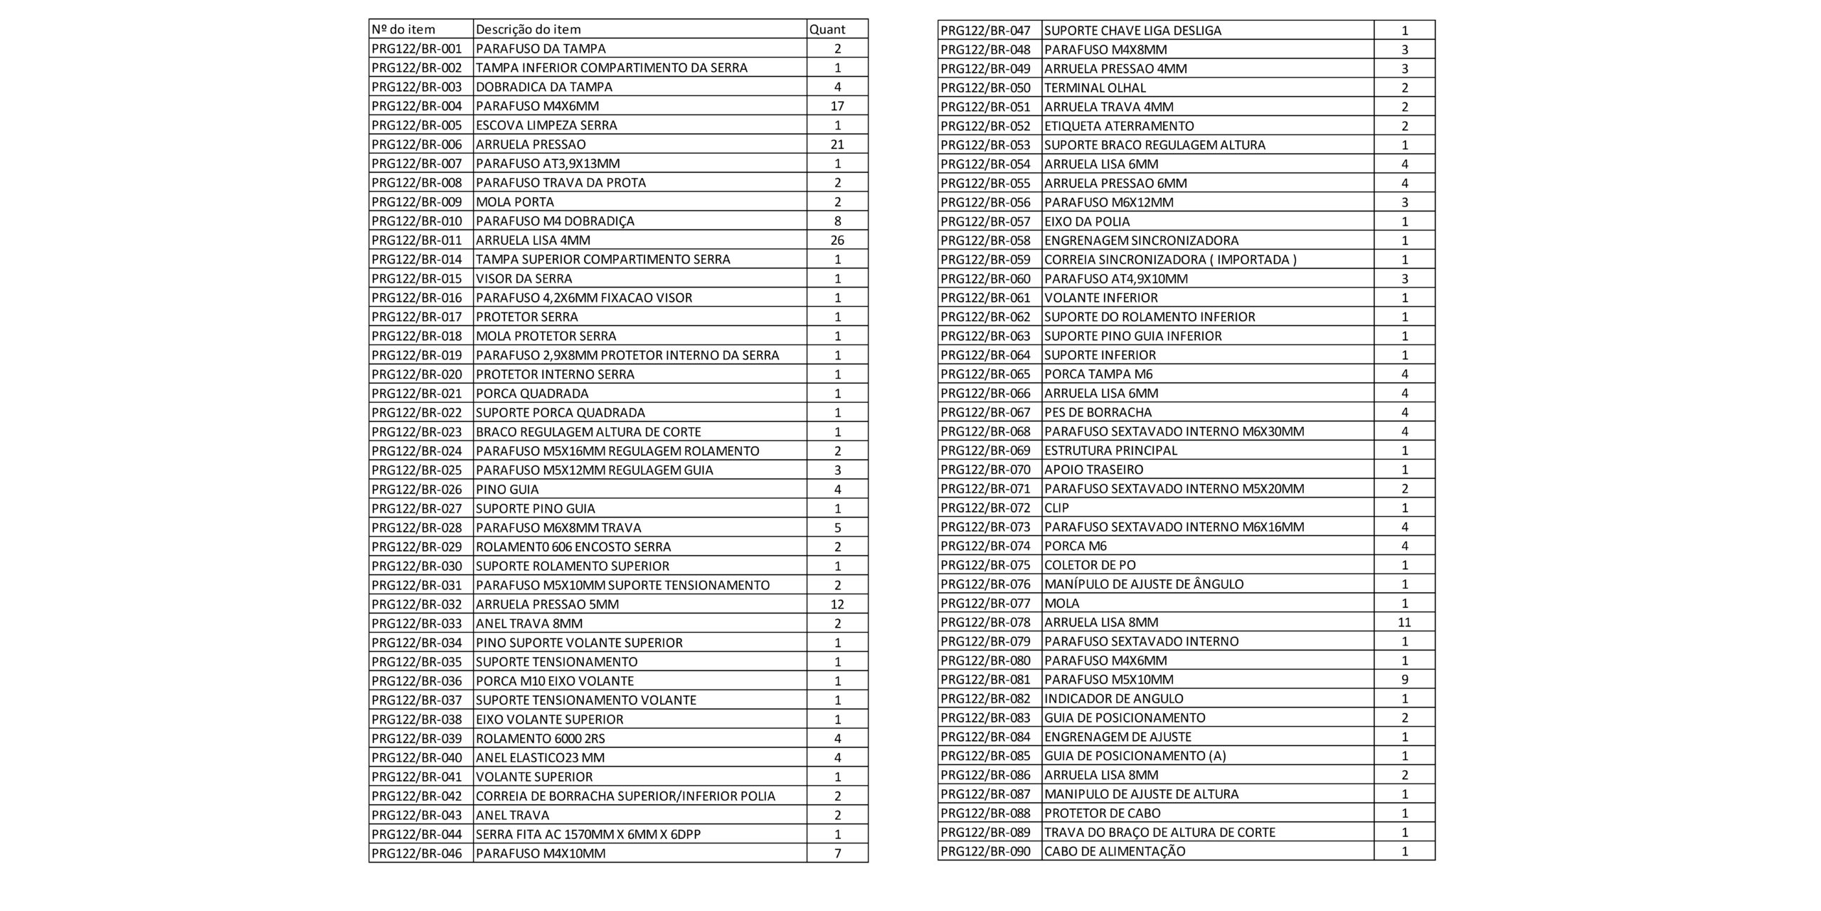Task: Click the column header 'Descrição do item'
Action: coord(528,29)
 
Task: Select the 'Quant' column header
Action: coord(827,29)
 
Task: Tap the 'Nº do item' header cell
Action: coord(403,29)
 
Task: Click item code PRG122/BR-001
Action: coord(417,48)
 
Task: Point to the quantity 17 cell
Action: coord(837,106)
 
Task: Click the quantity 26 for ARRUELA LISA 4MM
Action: coord(837,240)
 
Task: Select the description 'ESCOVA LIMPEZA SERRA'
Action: coord(546,125)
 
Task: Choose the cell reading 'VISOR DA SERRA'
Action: coord(524,278)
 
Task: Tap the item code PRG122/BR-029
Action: coord(417,547)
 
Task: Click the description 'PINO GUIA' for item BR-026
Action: coord(507,489)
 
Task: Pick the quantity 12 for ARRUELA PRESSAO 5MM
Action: coord(837,604)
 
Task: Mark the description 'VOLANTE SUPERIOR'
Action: coord(533,776)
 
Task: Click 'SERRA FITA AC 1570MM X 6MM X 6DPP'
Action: coord(588,834)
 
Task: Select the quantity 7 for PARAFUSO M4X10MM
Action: coord(837,853)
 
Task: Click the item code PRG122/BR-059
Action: coord(985,259)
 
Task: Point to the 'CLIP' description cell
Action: coord(1056,507)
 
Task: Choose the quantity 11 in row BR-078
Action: coord(1404,622)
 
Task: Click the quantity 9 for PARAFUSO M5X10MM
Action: coord(1404,680)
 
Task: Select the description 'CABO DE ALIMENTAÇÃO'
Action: coord(1115,851)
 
